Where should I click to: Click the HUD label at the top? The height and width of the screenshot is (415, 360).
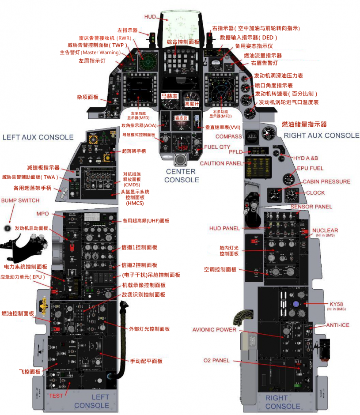click(x=150, y=17)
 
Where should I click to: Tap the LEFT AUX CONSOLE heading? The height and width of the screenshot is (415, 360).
click(x=38, y=137)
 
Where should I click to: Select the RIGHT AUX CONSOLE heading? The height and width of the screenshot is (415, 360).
click(x=321, y=136)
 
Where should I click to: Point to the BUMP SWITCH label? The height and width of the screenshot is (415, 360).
click(x=20, y=200)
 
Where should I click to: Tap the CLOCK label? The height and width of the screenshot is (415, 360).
click(x=315, y=193)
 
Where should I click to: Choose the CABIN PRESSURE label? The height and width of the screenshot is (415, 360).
click(x=326, y=181)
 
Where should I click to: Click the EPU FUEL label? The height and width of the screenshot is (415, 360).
click(x=310, y=168)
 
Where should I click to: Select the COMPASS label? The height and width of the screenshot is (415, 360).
click(x=228, y=136)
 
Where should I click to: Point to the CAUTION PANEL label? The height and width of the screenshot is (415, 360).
click(x=221, y=163)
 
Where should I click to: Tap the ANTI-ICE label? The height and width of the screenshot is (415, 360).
click(x=337, y=325)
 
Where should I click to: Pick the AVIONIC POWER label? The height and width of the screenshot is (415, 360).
click(x=215, y=330)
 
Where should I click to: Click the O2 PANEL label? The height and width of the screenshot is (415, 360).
click(x=216, y=361)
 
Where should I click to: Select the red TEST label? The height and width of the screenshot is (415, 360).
click(x=56, y=396)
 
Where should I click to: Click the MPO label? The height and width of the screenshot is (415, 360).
click(x=43, y=214)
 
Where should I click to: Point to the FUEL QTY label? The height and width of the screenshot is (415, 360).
click(x=217, y=147)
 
